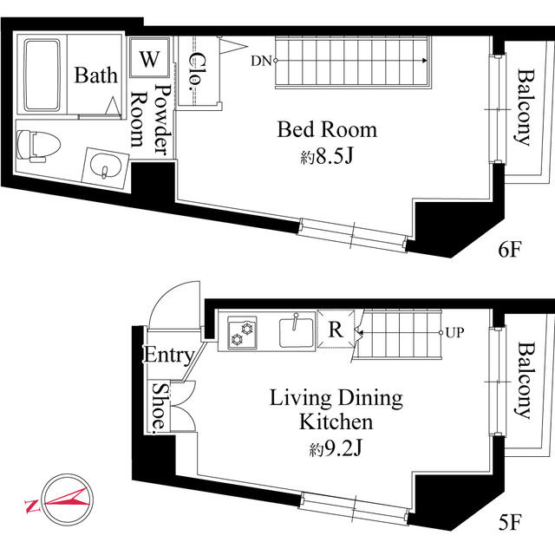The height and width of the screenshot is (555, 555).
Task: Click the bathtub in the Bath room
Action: [x=42, y=75]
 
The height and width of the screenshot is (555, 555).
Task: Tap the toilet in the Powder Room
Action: [x=38, y=146]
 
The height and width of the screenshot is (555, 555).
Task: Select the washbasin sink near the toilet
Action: [x=105, y=167]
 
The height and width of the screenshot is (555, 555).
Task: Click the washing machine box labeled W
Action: [x=149, y=58]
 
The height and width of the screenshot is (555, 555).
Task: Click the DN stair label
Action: [x=261, y=61]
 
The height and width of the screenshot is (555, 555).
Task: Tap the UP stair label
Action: [x=454, y=333]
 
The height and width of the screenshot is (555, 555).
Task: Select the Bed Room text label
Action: [x=327, y=129]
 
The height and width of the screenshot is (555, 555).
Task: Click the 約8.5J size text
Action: [x=327, y=156]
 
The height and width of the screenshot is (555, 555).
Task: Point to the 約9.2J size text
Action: [x=336, y=449]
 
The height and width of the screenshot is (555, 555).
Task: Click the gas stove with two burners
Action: [x=242, y=333]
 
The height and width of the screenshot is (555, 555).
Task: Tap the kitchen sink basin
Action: [x=297, y=333]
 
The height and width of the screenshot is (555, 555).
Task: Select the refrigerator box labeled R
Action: [x=336, y=329]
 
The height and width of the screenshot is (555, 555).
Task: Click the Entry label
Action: [x=169, y=355]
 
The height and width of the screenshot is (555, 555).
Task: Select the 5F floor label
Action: [x=510, y=522]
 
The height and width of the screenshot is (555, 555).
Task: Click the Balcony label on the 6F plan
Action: [x=524, y=108]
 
